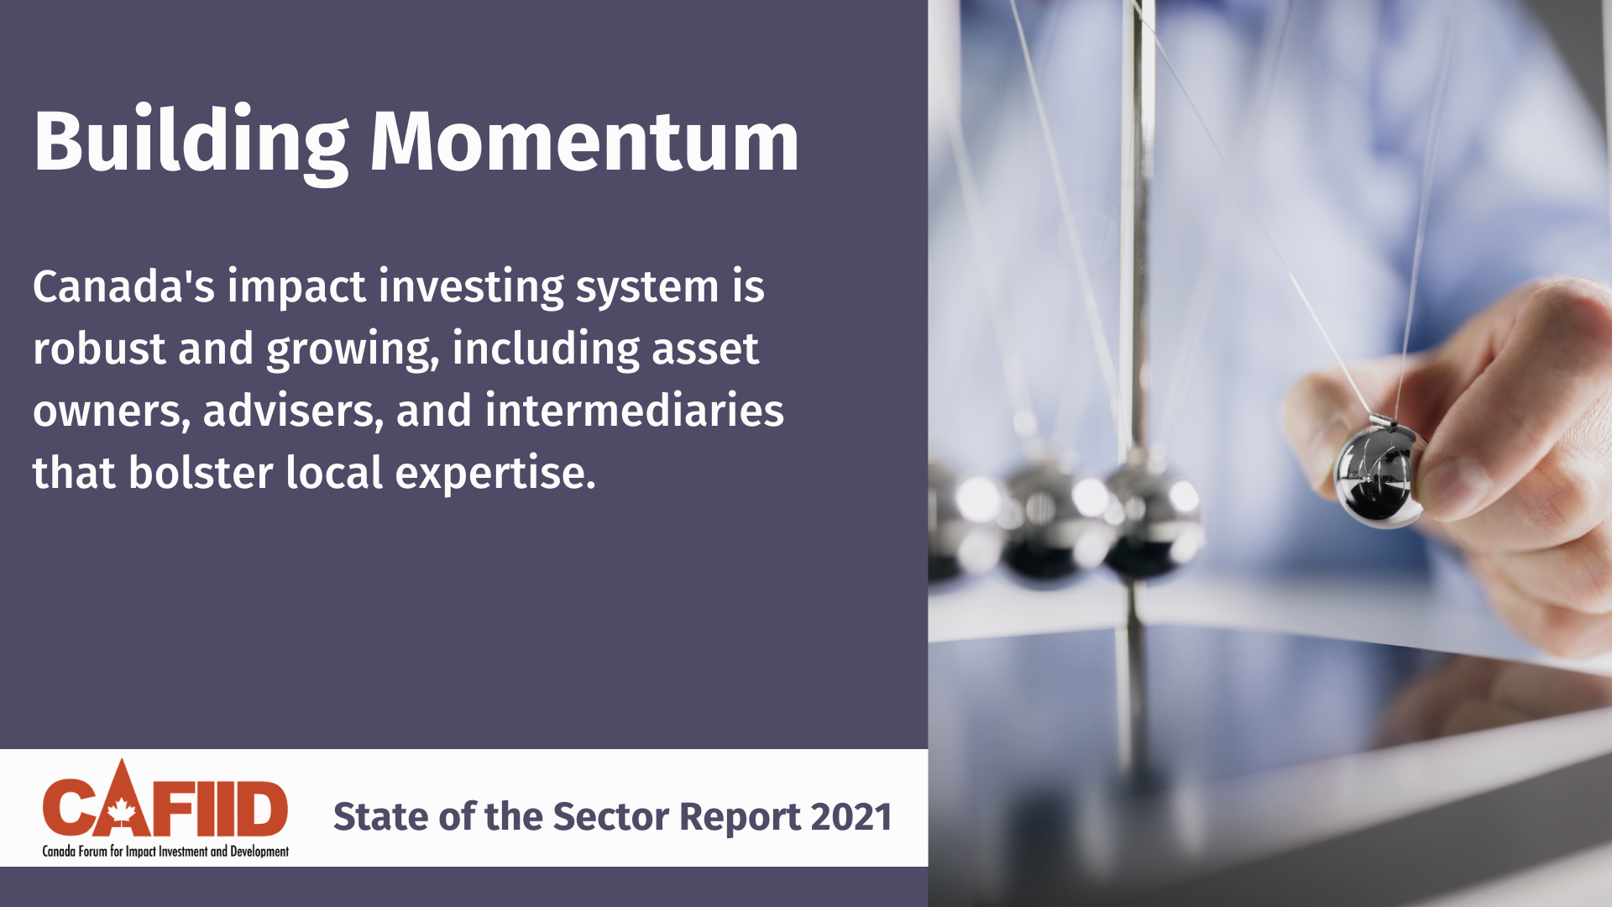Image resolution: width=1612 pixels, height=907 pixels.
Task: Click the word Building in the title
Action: point(191,144)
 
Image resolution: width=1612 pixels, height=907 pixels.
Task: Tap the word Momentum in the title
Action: point(584,141)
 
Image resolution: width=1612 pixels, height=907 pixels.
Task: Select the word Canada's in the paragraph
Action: point(123,286)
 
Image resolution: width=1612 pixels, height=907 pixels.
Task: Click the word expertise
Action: point(495,474)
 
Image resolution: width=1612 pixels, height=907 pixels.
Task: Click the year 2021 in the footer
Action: point(851,817)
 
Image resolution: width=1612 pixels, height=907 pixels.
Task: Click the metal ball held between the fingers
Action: point(1377,475)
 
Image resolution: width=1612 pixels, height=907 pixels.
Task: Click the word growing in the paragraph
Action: point(353,350)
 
